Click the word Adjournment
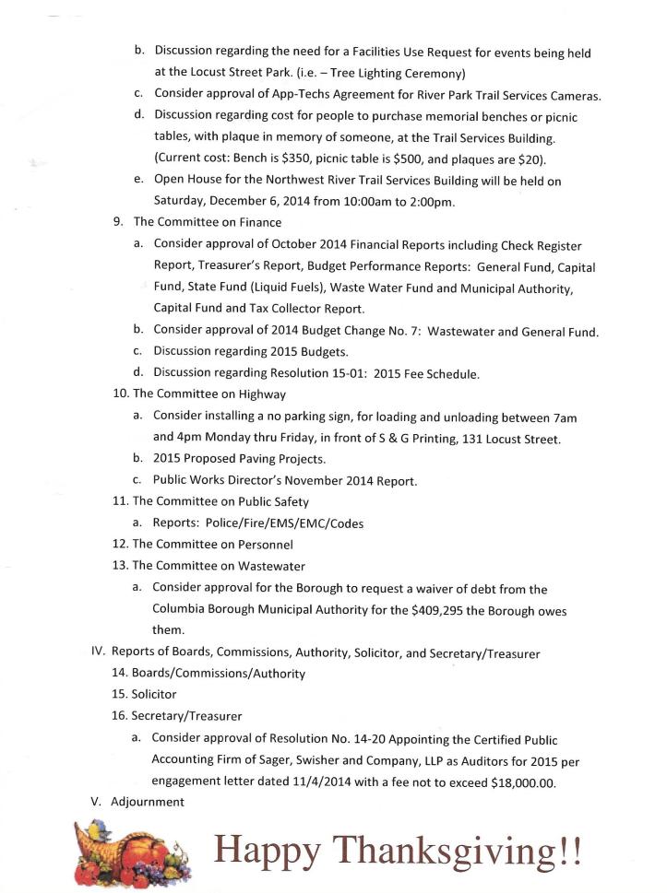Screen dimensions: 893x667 click(x=148, y=802)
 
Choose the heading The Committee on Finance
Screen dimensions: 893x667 click(x=207, y=222)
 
